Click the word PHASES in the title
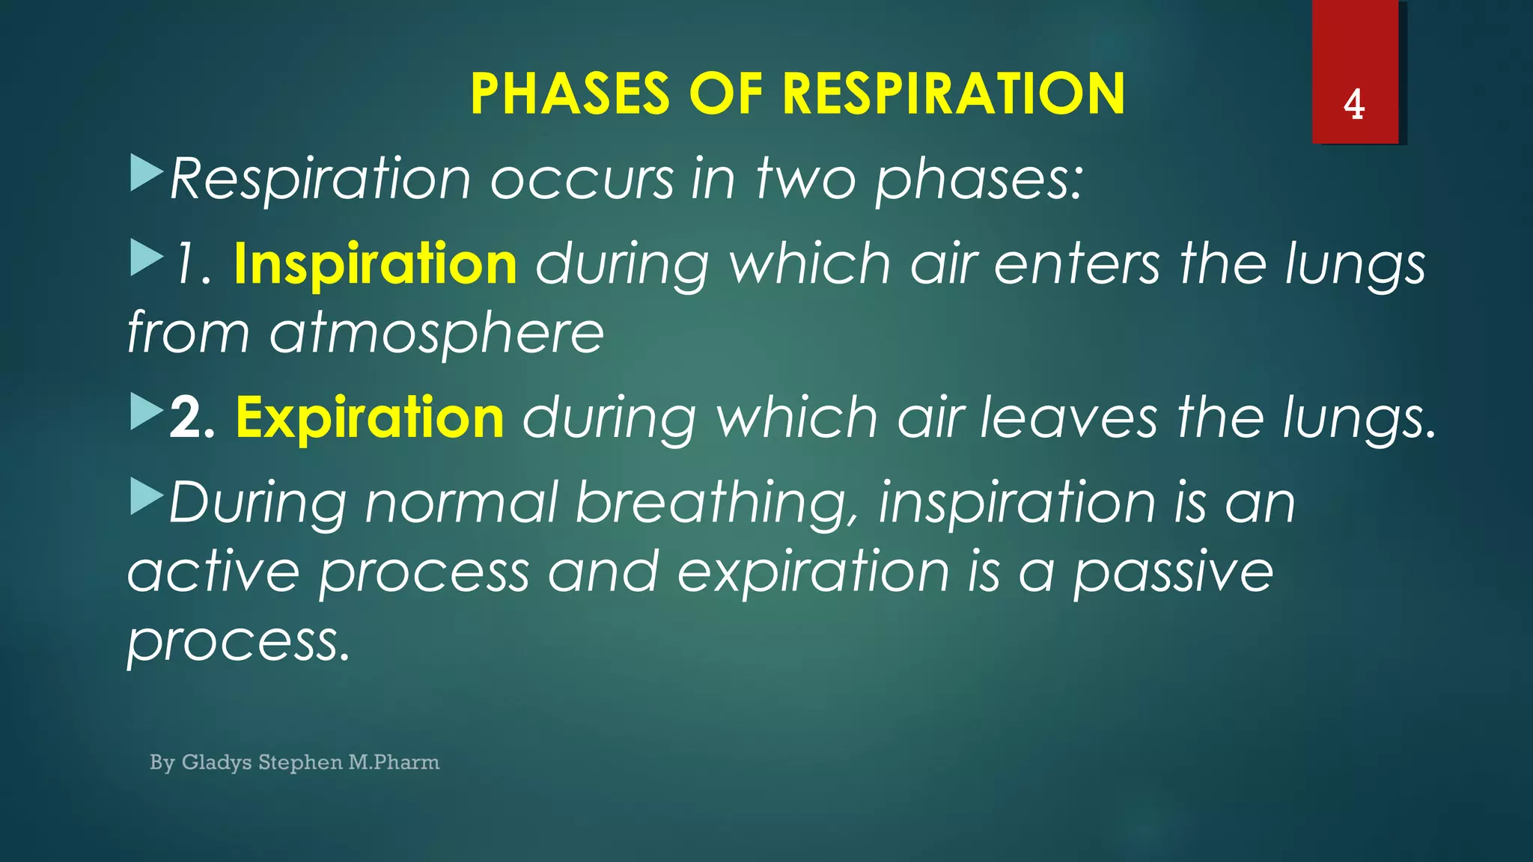coord(570,94)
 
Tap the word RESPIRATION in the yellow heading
coord(953,94)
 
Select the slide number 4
coord(1354,105)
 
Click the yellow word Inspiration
coord(375,264)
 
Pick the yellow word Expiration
coord(370,418)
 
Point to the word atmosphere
coord(436,333)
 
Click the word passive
coord(1173,572)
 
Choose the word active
coord(213,572)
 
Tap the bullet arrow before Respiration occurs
coord(146,172)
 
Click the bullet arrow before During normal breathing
coord(146,497)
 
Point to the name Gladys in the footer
coord(217,762)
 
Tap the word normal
coord(461,502)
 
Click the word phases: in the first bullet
coord(979,180)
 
